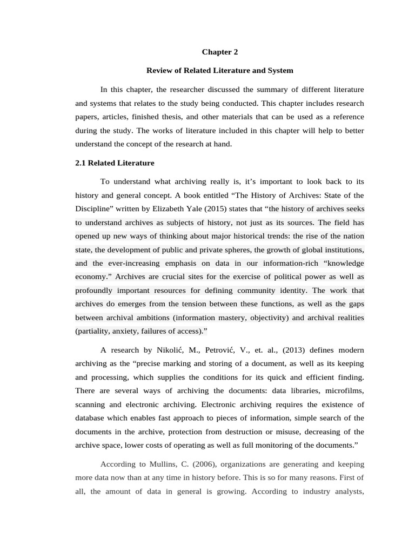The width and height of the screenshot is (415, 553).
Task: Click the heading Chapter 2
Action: [219, 52]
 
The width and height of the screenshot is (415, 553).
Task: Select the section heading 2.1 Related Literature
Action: [115, 163]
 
